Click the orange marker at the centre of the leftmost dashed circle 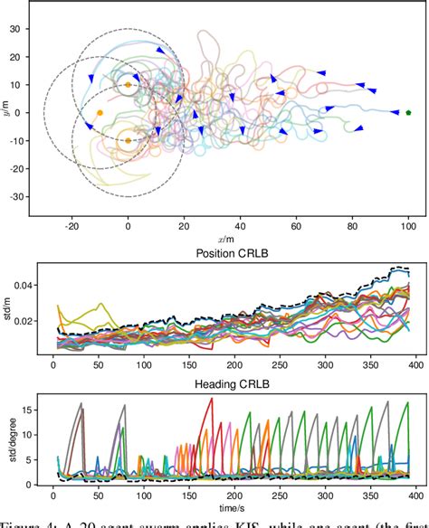click(x=100, y=113)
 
